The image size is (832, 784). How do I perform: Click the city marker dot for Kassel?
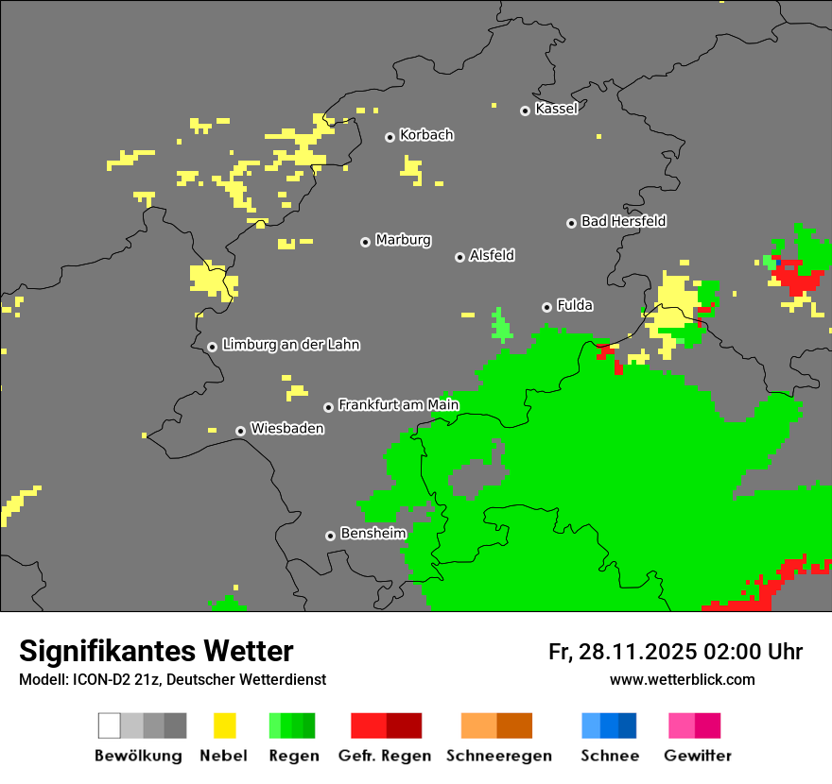(525, 111)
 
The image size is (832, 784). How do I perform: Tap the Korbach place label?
(426, 135)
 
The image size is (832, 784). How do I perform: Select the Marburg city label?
(403, 240)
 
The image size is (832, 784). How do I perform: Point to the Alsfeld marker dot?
(459, 257)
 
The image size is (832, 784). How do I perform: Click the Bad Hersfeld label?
(623, 221)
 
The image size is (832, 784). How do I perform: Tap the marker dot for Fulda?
(546, 307)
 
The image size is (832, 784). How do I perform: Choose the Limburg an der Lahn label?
(290, 345)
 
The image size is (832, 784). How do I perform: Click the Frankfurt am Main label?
(398, 405)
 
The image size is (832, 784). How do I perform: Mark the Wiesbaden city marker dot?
(240, 431)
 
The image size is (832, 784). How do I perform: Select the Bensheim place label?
(373, 533)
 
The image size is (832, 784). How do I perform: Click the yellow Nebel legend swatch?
(224, 725)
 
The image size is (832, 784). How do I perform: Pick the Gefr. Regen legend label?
(385, 756)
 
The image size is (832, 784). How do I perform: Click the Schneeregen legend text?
(498, 756)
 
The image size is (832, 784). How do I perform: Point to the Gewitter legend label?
(698, 756)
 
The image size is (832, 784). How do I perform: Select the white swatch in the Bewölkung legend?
(110, 725)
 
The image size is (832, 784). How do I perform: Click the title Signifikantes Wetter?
(156, 651)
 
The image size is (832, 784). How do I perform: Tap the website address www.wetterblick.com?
(682, 679)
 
